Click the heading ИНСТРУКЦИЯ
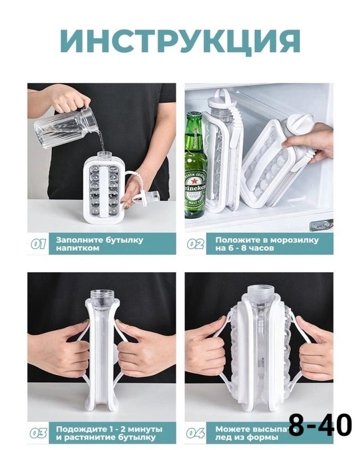click(x=180, y=40)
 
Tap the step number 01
click(x=38, y=244)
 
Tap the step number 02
click(x=196, y=244)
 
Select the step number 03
click(x=38, y=433)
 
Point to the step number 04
click(x=196, y=433)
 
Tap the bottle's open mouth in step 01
click(x=103, y=154)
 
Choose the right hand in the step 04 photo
click(x=312, y=349)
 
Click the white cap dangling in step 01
click(x=152, y=196)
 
